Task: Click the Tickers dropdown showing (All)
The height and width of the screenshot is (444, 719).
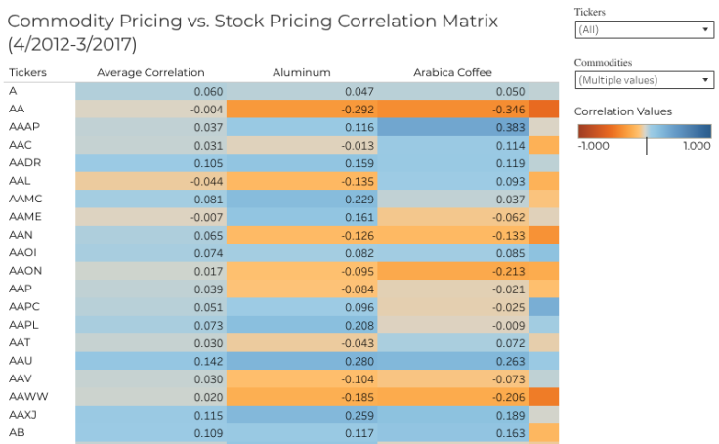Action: click(x=644, y=30)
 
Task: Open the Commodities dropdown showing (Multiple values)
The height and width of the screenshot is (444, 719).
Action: click(x=644, y=80)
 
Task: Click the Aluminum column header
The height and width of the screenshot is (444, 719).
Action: click(x=302, y=72)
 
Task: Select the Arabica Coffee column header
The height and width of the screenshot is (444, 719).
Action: click(x=452, y=72)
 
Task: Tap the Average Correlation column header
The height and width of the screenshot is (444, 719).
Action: click(x=150, y=72)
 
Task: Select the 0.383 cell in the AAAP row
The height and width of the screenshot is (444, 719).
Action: click(x=451, y=127)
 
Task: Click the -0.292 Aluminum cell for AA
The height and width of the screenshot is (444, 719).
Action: click(x=302, y=110)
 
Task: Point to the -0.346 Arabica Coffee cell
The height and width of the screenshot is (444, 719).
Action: click(x=451, y=110)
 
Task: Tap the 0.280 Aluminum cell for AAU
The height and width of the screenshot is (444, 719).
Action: click(x=302, y=360)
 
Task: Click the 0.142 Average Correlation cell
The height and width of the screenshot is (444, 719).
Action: click(x=150, y=360)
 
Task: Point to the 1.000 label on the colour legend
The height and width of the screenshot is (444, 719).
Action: click(x=696, y=146)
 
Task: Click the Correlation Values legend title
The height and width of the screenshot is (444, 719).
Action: click(x=623, y=111)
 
